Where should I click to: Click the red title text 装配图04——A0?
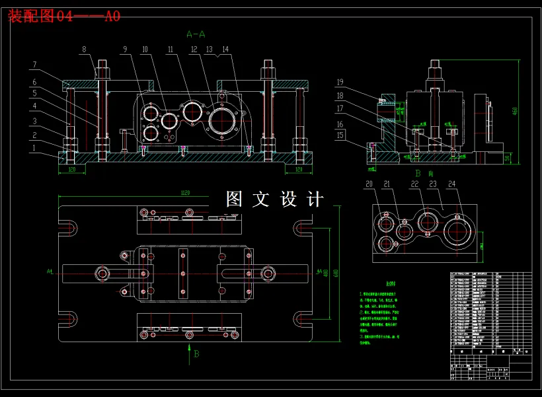(64, 16)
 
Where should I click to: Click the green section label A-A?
(196, 33)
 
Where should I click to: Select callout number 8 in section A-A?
(84, 49)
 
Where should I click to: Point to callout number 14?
(225, 49)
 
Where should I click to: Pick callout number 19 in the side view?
(340, 83)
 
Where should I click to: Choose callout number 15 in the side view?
(340, 135)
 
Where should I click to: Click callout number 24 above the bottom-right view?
(451, 184)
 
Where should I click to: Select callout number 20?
(369, 184)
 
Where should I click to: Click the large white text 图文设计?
(275, 199)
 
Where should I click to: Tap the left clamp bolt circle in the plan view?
(103, 272)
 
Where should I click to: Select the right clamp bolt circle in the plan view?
(268, 272)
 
